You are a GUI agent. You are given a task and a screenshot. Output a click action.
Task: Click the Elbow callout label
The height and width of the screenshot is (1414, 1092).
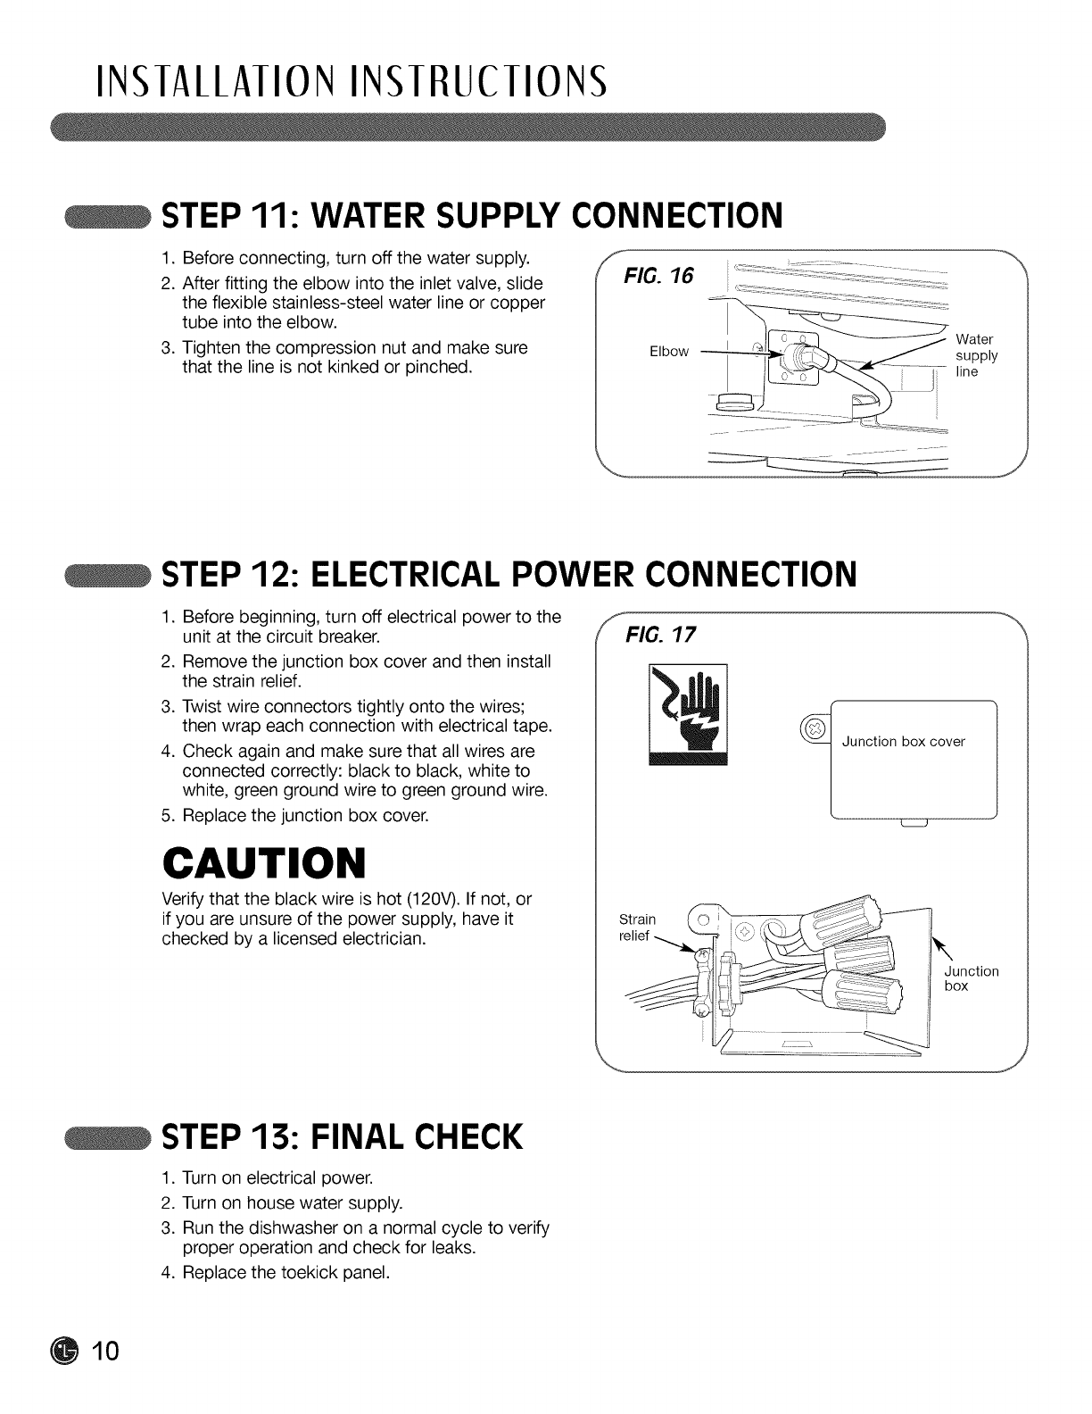tap(669, 352)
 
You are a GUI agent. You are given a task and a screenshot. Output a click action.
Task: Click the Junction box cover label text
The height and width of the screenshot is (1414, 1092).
tap(903, 742)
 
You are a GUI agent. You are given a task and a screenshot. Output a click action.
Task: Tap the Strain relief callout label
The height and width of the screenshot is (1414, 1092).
tap(637, 927)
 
